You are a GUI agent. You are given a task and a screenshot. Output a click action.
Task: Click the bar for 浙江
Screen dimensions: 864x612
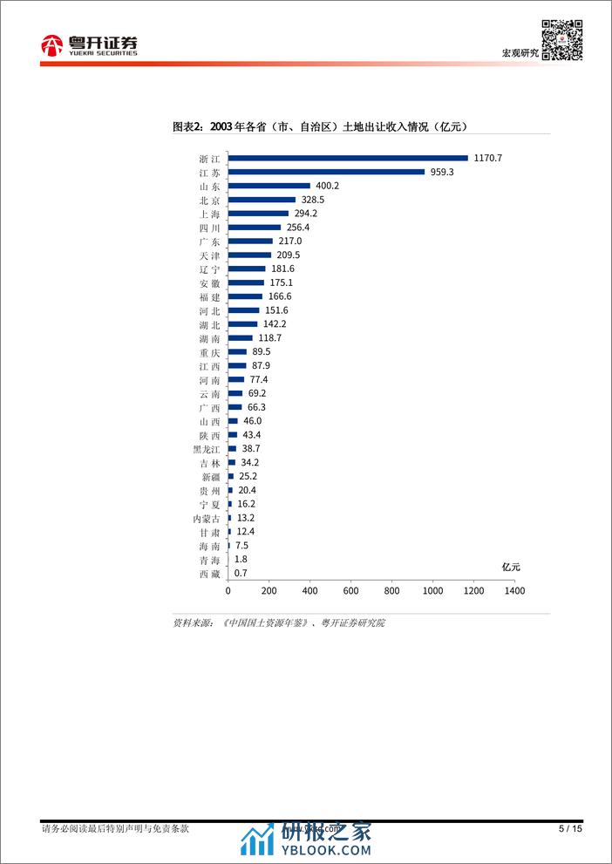(348, 158)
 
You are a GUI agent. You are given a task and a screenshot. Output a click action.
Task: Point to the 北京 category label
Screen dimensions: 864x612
(209, 200)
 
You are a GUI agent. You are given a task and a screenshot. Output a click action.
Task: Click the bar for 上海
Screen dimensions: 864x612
(258, 213)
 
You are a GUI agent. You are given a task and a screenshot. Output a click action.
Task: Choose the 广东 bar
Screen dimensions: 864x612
(250, 241)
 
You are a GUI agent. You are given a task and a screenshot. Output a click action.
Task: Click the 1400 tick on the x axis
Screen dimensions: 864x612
(514, 591)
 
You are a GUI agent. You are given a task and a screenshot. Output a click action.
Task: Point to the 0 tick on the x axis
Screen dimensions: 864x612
(228, 591)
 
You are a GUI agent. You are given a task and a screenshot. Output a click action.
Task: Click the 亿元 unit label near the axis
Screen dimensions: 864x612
(511, 567)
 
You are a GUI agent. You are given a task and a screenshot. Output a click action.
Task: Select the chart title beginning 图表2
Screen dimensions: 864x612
(321, 126)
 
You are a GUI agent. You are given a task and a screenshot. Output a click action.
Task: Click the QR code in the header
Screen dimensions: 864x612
(562, 38)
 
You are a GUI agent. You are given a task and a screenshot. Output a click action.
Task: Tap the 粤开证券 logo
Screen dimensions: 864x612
(90, 45)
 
